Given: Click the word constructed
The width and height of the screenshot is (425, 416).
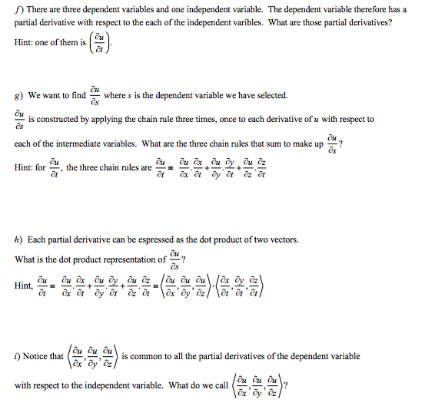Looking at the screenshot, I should tap(61, 120).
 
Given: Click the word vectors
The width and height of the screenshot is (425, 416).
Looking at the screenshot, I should tap(281, 239).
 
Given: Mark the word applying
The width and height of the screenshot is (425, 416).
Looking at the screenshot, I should tap(108, 120).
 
